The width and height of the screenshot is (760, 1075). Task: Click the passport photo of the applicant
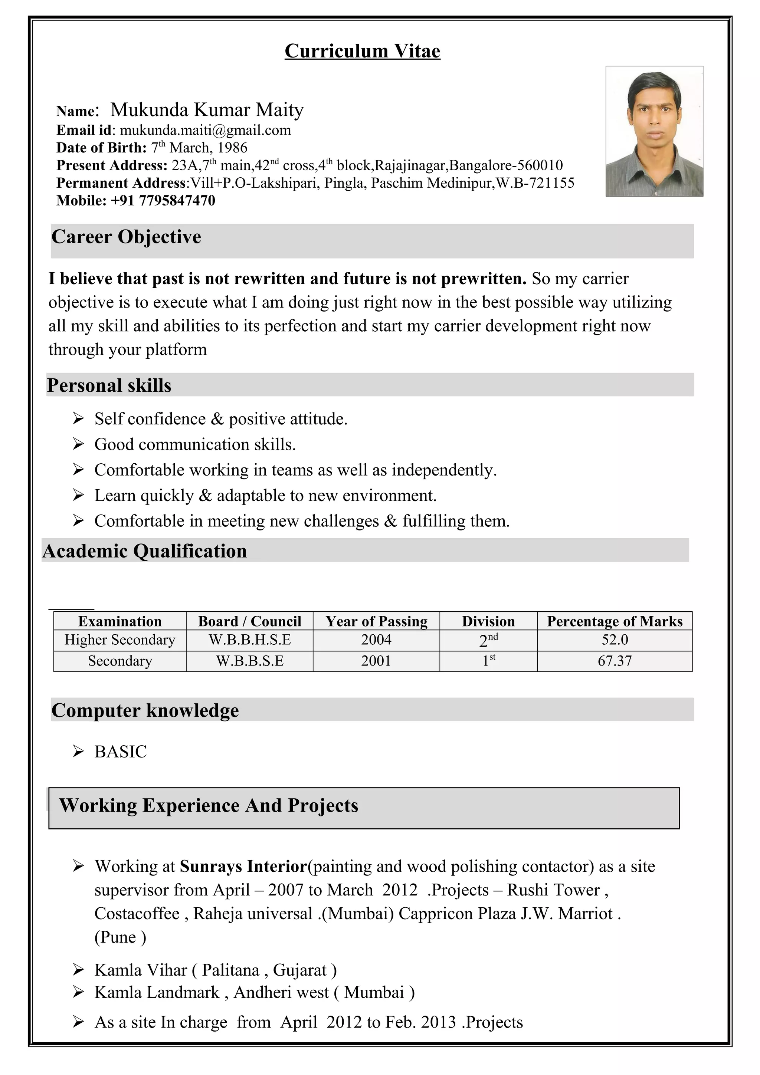(654, 131)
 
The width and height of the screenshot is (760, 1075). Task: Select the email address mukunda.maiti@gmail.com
(205, 130)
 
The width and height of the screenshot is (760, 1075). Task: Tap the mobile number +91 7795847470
(163, 200)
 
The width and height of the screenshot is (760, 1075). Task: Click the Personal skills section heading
(109, 385)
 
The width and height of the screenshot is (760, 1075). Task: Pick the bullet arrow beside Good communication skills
(78, 444)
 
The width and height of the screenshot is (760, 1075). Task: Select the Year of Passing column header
(377, 621)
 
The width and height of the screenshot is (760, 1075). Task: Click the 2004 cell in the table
(376, 640)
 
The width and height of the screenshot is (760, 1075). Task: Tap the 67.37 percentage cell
(615, 661)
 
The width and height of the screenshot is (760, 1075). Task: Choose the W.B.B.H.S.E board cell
(250, 640)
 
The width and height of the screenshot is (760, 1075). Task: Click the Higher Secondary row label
(120, 640)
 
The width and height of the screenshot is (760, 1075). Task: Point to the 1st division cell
(488, 661)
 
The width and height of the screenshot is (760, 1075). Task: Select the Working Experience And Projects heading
(209, 805)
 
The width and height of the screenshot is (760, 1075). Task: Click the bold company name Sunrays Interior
(243, 866)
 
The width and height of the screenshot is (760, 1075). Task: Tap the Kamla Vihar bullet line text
(215, 970)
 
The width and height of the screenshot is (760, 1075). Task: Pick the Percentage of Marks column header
(615, 621)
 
